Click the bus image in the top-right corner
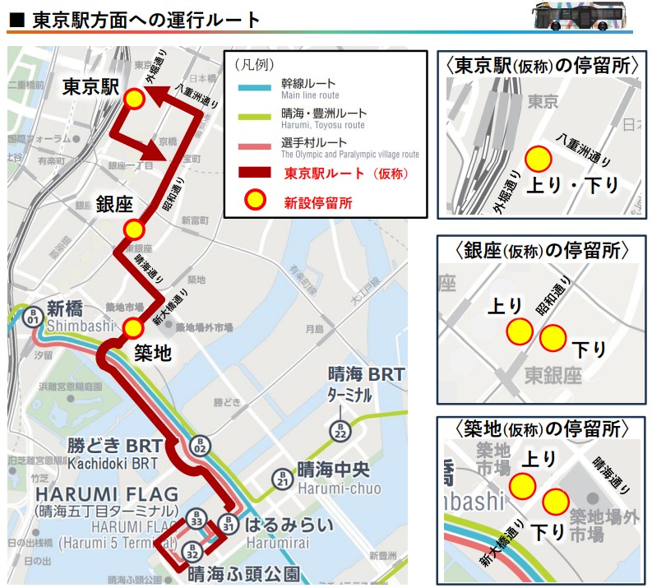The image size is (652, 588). tap(586, 16)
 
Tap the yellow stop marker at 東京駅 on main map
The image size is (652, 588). tap(135, 100)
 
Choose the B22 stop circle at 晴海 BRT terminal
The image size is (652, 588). tap(340, 428)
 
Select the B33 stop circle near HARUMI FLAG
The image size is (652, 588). tap(196, 520)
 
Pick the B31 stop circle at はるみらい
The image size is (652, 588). tap(229, 523)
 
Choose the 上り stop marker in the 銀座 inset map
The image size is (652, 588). tap(519, 331)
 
